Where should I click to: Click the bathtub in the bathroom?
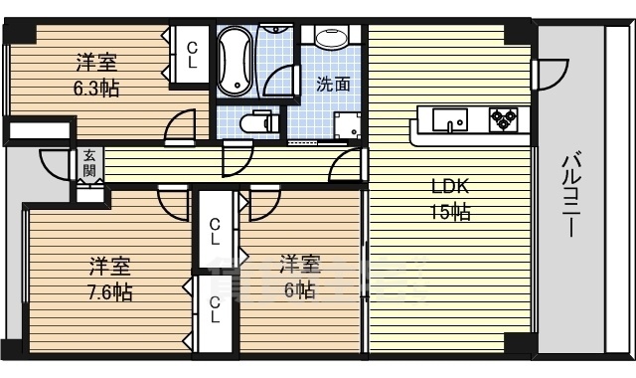tap(235, 62)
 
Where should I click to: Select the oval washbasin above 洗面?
tap(331, 38)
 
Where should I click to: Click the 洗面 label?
tap(333, 85)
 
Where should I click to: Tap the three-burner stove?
tap(503, 118)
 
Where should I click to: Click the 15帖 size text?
tap(449, 211)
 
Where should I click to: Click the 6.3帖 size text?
tap(97, 89)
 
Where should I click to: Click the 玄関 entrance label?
tap(89, 162)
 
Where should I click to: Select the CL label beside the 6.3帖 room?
tap(193, 53)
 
